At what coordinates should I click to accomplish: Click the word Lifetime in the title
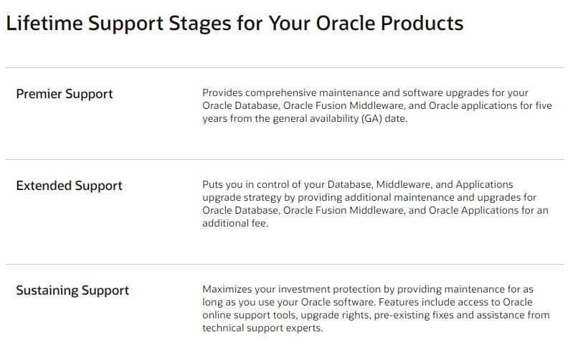click(x=44, y=23)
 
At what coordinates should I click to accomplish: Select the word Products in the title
click(x=422, y=23)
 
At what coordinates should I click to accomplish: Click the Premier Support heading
click(x=65, y=95)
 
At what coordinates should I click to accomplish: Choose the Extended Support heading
click(x=70, y=186)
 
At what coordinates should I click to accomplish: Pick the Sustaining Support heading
click(x=72, y=290)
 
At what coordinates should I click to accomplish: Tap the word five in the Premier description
click(x=544, y=105)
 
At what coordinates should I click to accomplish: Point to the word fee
click(x=260, y=223)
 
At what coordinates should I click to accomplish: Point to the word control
click(x=270, y=184)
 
